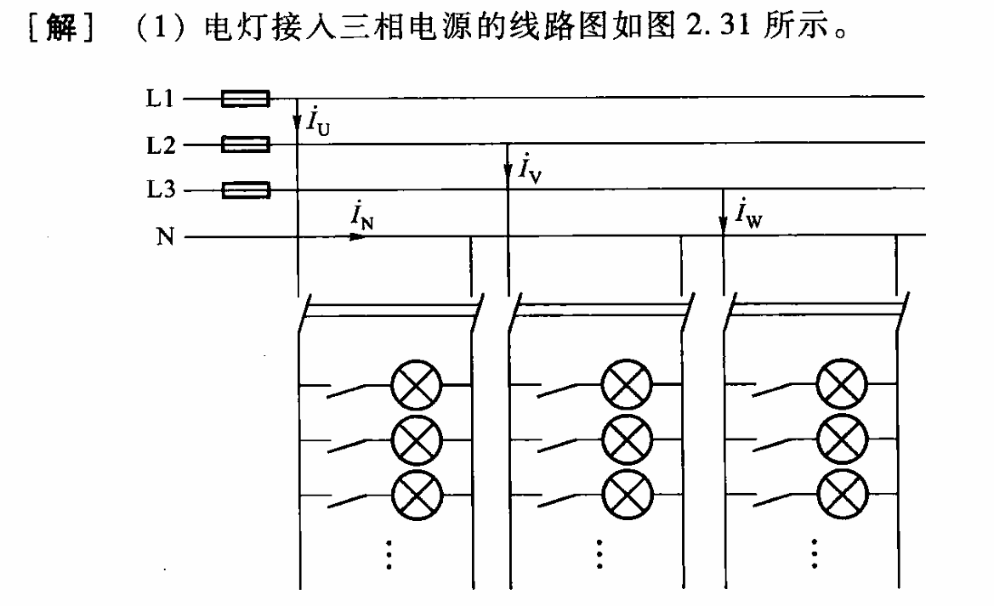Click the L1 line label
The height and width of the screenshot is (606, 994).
(160, 99)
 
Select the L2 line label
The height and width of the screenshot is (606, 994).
(161, 145)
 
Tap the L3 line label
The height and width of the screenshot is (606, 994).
(161, 189)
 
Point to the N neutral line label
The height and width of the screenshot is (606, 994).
(166, 236)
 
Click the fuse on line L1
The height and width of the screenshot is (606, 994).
(246, 99)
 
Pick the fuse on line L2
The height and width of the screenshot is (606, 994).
(246, 144)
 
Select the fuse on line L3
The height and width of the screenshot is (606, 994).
(246, 190)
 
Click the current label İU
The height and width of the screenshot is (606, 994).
(318, 121)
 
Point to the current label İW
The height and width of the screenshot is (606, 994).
(748, 212)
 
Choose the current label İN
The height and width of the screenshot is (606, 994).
(362, 216)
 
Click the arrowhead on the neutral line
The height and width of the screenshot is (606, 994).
(358, 237)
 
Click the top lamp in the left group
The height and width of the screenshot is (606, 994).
(417, 385)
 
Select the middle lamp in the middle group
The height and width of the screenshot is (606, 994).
(627, 439)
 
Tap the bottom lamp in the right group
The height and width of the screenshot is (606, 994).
(842, 495)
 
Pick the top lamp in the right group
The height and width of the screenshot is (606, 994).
(842, 384)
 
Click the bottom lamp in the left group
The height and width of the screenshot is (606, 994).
(417, 495)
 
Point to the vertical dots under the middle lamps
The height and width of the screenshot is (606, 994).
(599, 554)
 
